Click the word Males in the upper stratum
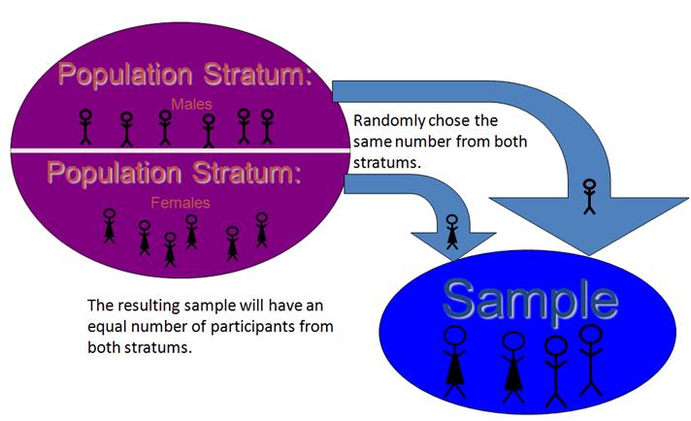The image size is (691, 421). pos(192,105)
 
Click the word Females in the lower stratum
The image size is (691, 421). pos(181,203)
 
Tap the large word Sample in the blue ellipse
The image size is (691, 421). pos(531,301)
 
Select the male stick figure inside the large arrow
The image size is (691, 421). pos(589,196)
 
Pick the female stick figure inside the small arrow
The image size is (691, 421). pos(452,232)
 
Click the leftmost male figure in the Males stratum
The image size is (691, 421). pos(86,127)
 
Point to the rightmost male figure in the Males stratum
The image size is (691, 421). pos(267,127)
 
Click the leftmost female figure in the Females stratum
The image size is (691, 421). pos(110,226)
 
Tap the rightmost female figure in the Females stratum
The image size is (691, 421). pos(262,230)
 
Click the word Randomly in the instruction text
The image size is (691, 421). pos(389,121)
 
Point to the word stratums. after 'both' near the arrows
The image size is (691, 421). pos(387,163)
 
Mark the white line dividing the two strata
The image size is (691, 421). pos(180,150)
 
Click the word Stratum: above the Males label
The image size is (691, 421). pos(258,74)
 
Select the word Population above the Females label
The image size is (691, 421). pos(114,173)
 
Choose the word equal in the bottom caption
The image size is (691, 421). pos(107,327)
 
